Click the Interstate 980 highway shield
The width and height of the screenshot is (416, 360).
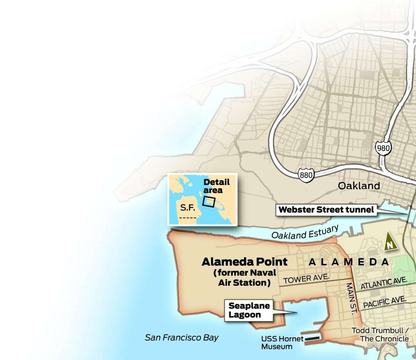[383, 148]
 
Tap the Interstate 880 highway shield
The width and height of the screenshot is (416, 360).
[306, 175]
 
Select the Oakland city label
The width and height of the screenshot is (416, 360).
[359, 186]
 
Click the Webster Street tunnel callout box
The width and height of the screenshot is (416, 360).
[326, 209]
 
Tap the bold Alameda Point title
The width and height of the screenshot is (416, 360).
[244, 262]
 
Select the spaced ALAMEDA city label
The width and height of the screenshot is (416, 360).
[348, 262]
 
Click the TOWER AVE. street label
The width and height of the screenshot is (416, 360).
[306, 278]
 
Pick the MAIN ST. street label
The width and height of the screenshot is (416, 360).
[351, 299]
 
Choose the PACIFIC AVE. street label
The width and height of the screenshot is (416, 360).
[384, 302]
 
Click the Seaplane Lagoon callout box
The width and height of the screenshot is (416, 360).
[249, 310]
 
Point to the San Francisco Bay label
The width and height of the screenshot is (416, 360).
[182, 337]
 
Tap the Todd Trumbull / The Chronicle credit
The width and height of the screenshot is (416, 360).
[380, 334]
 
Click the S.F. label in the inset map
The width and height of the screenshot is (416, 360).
[187, 208]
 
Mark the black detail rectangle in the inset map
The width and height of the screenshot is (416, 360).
[209, 202]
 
